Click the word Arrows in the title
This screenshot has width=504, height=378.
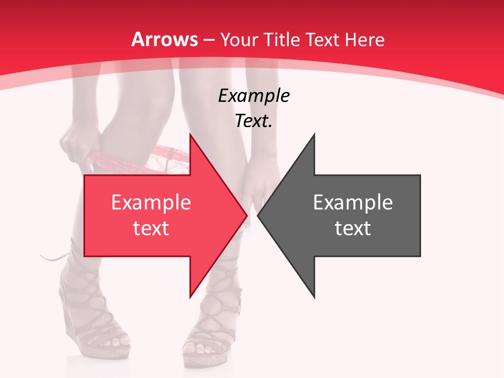[x=164, y=40]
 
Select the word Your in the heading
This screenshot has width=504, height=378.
[x=239, y=40]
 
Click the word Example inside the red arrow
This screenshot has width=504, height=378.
[x=151, y=202]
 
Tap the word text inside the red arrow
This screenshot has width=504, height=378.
[x=151, y=228]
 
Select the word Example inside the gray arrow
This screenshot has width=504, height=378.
[x=353, y=202]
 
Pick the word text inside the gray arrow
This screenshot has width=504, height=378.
[x=353, y=228]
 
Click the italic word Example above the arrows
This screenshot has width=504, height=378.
[x=254, y=96]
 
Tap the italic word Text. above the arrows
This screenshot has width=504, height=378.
[x=254, y=121]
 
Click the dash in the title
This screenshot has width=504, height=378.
[x=208, y=40]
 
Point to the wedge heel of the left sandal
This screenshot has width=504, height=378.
[x=71, y=320]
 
